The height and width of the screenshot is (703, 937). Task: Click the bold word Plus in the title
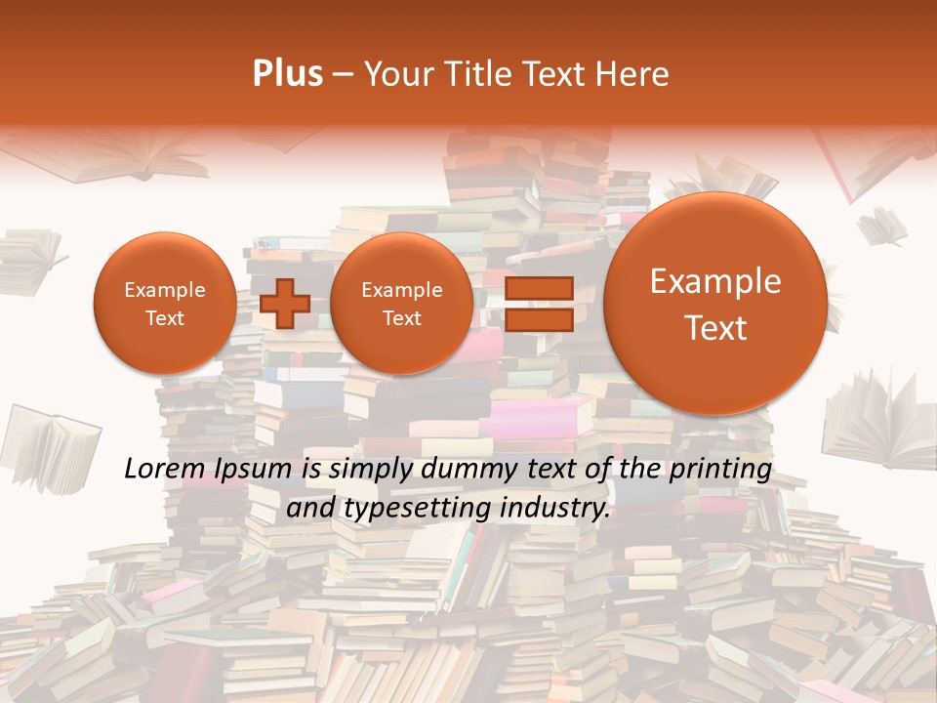288,74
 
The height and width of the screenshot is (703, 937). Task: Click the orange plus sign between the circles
285,304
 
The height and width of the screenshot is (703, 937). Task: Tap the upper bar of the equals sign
539,288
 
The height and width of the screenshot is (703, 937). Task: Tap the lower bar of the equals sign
539,320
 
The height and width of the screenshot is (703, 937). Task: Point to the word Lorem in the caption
161,469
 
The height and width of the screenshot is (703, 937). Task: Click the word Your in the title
395,74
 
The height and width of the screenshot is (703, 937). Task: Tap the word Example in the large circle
715,281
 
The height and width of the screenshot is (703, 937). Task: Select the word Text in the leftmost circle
164,318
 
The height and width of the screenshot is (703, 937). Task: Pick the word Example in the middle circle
401,290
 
